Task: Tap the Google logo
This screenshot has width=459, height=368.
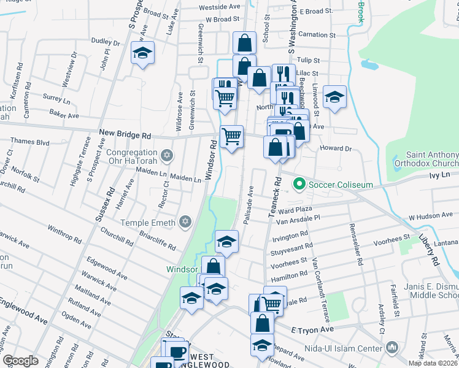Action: [20, 361]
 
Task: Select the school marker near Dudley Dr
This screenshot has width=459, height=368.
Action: [142, 53]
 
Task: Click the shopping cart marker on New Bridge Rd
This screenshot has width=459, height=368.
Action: [231, 136]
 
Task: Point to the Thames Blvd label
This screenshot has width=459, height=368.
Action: [34, 142]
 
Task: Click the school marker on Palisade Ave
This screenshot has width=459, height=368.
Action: [226, 240]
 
